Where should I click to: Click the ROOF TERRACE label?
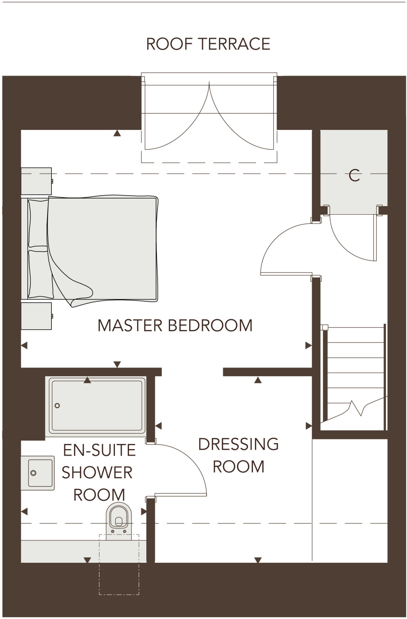click(x=208, y=44)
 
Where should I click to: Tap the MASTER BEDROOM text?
click(x=175, y=326)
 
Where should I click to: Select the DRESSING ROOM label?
click(x=238, y=455)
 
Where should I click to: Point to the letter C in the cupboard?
click(x=354, y=175)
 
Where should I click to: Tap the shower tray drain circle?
click(x=57, y=406)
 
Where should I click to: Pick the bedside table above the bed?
click(x=36, y=181)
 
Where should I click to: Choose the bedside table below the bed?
click(x=36, y=316)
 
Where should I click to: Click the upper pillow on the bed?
click(x=38, y=223)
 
